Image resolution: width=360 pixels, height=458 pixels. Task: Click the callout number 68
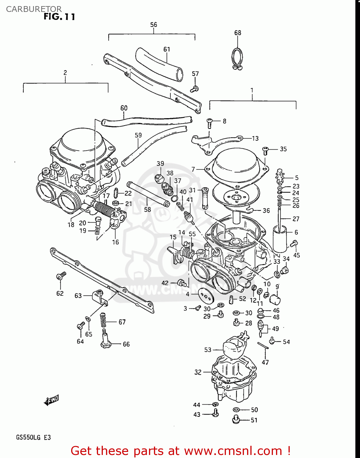(238, 33)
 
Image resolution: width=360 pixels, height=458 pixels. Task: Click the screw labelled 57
(194, 89)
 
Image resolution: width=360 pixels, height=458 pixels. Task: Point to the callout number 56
(154, 25)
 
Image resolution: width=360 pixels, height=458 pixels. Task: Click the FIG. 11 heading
(59, 17)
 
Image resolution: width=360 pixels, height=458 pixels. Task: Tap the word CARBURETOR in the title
(34, 9)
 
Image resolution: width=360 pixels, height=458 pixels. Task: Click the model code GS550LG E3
(33, 438)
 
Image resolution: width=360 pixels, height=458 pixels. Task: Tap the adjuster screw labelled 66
(106, 339)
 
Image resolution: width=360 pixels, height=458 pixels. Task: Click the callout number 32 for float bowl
(198, 372)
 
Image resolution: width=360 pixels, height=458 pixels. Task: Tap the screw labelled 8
(209, 123)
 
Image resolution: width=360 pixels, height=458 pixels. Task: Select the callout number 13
(255, 139)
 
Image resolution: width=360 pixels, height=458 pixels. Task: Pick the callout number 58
(147, 209)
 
